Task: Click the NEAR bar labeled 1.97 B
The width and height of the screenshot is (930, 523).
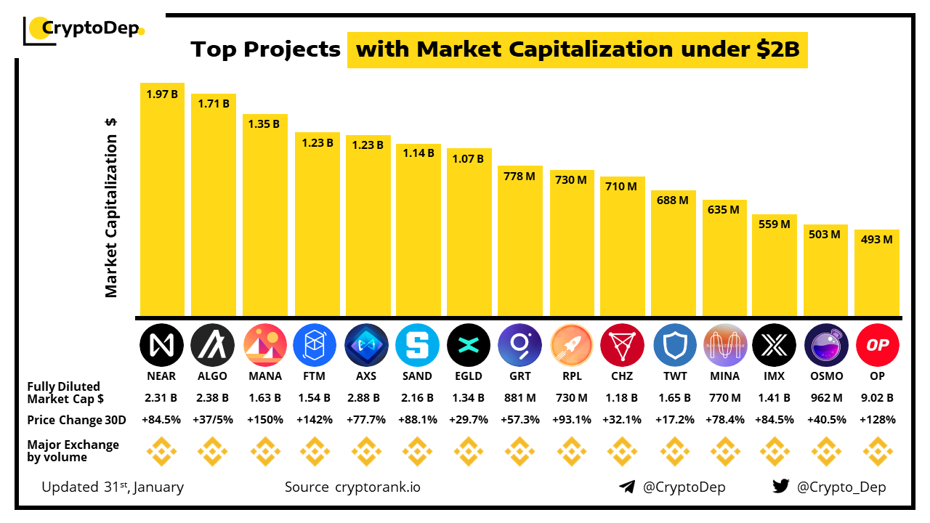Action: [x=162, y=200]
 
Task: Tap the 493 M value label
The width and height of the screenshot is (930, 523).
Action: [x=877, y=239]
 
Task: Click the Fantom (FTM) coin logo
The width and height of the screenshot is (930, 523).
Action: [x=315, y=344]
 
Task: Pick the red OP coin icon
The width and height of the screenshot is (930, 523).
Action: [x=877, y=344]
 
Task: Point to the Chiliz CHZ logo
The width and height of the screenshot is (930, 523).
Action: [x=622, y=344]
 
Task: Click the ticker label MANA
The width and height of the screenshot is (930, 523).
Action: [x=264, y=376]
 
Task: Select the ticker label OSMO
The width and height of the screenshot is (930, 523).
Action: [x=827, y=376]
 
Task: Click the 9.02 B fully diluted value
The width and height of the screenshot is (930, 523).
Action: [x=877, y=398]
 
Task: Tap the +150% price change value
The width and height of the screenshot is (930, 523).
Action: [x=264, y=420]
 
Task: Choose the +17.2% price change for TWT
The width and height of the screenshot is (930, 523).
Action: [x=674, y=420]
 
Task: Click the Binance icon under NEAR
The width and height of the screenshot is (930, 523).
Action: [x=161, y=451]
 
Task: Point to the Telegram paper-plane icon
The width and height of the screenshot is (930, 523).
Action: [x=627, y=487]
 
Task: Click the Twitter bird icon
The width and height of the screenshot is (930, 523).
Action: [x=781, y=487]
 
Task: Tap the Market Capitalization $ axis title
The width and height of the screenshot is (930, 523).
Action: [x=111, y=208]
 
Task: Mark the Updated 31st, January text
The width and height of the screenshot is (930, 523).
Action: [x=113, y=487]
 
